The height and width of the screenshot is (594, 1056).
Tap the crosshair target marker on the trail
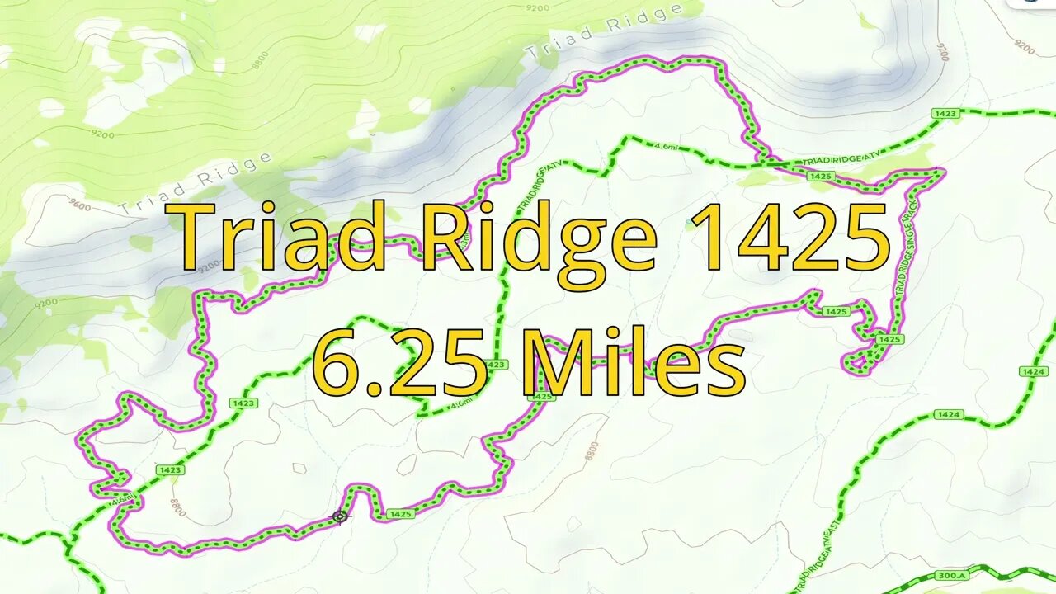click(340, 517)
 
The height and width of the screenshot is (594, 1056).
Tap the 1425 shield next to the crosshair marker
click(400, 514)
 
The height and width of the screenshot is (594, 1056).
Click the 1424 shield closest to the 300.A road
click(949, 414)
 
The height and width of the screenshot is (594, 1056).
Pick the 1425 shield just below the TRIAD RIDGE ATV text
click(820, 176)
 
